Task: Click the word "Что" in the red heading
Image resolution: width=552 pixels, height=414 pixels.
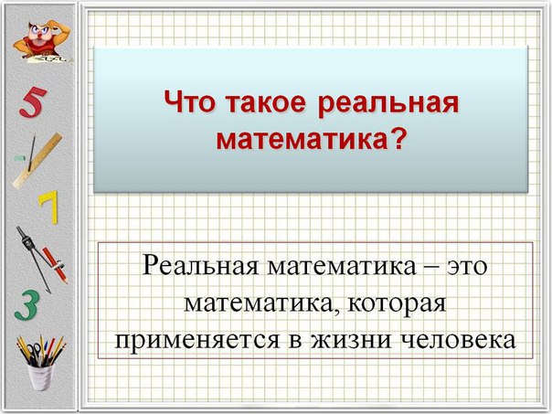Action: (x=189, y=102)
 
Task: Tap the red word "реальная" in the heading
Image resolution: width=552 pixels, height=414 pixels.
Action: (x=388, y=104)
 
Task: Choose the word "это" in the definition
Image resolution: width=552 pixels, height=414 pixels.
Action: (x=467, y=266)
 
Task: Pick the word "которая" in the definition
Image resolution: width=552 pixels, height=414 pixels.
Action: (x=397, y=305)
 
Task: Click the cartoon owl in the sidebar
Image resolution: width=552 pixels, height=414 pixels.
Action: (x=41, y=41)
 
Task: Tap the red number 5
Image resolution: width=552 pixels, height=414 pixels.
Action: (x=32, y=102)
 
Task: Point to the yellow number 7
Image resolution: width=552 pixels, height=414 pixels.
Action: (x=48, y=207)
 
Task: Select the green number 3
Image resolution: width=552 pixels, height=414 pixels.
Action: (x=27, y=305)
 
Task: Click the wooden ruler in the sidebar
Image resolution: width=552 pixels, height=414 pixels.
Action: (x=37, y=161)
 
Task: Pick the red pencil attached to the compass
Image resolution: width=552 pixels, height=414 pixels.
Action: (x=56, y=265)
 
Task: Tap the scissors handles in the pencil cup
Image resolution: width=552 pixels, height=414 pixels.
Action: (x=35, y=351)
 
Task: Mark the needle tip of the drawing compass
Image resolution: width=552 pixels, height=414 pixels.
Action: (x=50, y=292)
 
